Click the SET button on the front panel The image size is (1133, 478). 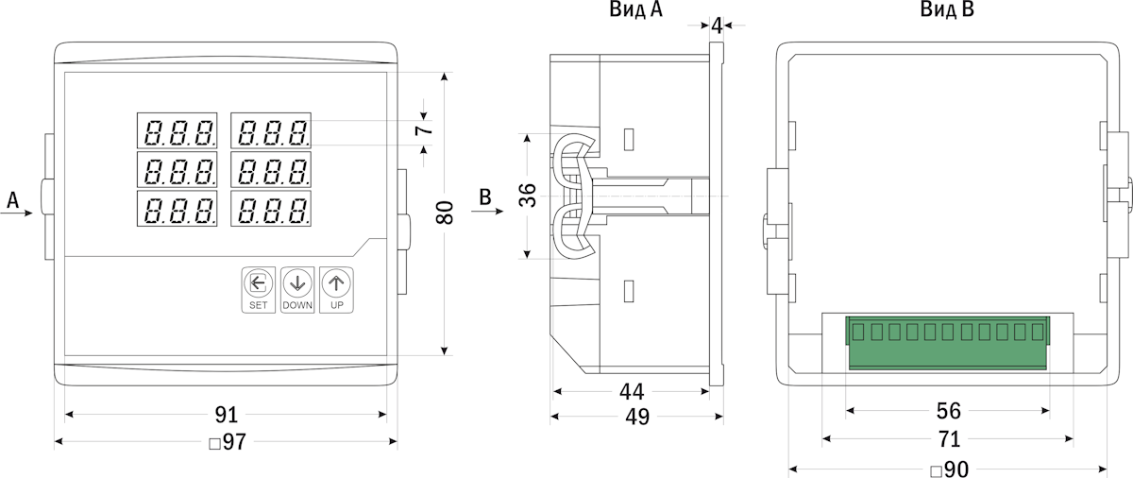coord(258,289)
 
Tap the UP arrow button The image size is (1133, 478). coord(336,289)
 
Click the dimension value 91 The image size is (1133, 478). coord(226,415)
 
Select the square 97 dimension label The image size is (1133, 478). coord(227,442)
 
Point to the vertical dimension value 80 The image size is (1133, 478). coord(447,213)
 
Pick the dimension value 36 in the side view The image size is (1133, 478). coord(529,196)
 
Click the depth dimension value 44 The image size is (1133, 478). coord(631,391)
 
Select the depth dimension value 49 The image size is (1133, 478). coord(637,417)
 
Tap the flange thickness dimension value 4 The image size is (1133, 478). coord(717,26)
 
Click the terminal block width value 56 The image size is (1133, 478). coord(948,411)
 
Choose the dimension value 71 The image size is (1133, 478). coord(948,439)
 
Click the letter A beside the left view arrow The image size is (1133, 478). coord(13,199)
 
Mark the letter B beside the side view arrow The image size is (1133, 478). coord(485,197)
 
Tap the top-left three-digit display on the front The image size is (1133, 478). coord(178,129)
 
